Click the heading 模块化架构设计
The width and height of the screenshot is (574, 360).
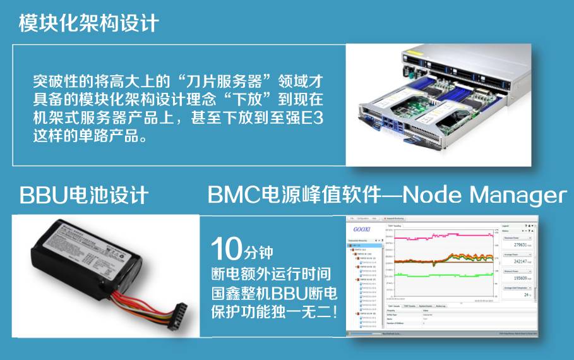(x=88, y=23)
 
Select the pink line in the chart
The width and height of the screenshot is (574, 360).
(x=442, y=237)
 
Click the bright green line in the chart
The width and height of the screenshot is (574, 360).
(x=442, y=275)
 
